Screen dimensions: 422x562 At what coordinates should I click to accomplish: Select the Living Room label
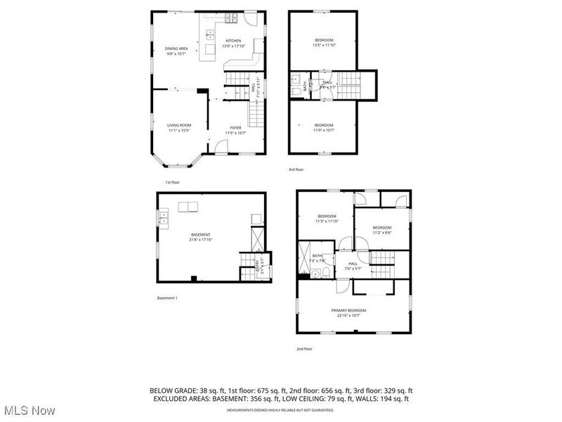point(179,124)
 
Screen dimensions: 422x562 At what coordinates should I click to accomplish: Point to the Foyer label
point(235,127)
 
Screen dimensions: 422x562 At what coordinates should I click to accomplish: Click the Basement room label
point(201,234)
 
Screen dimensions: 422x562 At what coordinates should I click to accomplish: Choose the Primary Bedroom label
point(349,310)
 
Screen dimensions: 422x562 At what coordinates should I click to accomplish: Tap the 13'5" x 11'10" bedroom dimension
point(324,45)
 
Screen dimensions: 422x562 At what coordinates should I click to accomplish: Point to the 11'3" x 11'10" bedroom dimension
point(328,221)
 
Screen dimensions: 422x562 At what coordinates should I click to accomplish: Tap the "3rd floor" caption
point(296,170)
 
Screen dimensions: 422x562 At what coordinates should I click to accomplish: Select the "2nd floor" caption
point(304,349)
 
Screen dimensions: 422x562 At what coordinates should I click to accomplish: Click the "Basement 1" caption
point(167,298)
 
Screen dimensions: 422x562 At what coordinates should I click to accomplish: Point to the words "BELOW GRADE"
point(169,390)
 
